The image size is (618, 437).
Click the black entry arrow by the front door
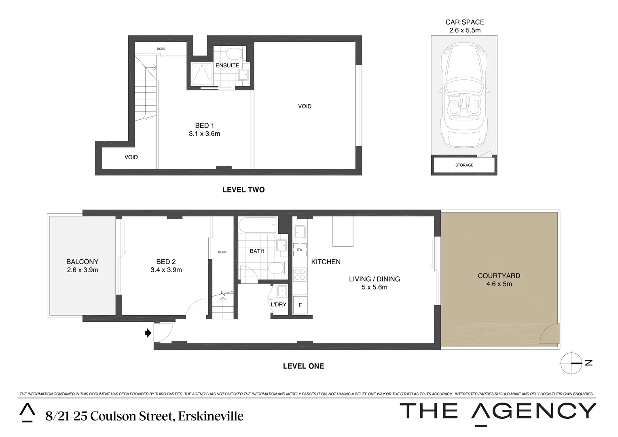pyautogui.click(x=148, y=333)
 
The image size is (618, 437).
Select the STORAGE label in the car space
pyautogui.click(x=464, y=165)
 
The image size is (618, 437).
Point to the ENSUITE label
pyautogui.click(x=227, y=65)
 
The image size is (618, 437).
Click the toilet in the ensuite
pyautogui.click(x=233, y=54)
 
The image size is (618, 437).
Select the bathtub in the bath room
pyautogui.click(x=258, y=225)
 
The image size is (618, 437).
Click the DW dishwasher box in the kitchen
pyautogui.click(x=300, y=250)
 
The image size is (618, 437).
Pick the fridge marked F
pyautogui.click(x=300, y=305)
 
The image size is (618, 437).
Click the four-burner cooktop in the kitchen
pyautogui.click(x=300, y=275)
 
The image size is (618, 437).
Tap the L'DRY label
pyautogui.click(x=278, y=304)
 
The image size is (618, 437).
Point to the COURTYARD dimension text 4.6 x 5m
pyautogui.click(x=499, y=284)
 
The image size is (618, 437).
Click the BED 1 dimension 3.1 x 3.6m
pyautogui.click(x=204, y=134)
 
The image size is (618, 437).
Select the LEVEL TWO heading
pyautogui.click(x=243, y=190)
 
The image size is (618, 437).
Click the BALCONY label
pyautogui.click(x=83, y=262)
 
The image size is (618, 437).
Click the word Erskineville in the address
pyautogui.click(x=211, y=416)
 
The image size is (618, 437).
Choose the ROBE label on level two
pyautogui.click(x=161, y=49)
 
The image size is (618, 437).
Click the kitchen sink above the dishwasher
pyautogui.click(x=300, y=232)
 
